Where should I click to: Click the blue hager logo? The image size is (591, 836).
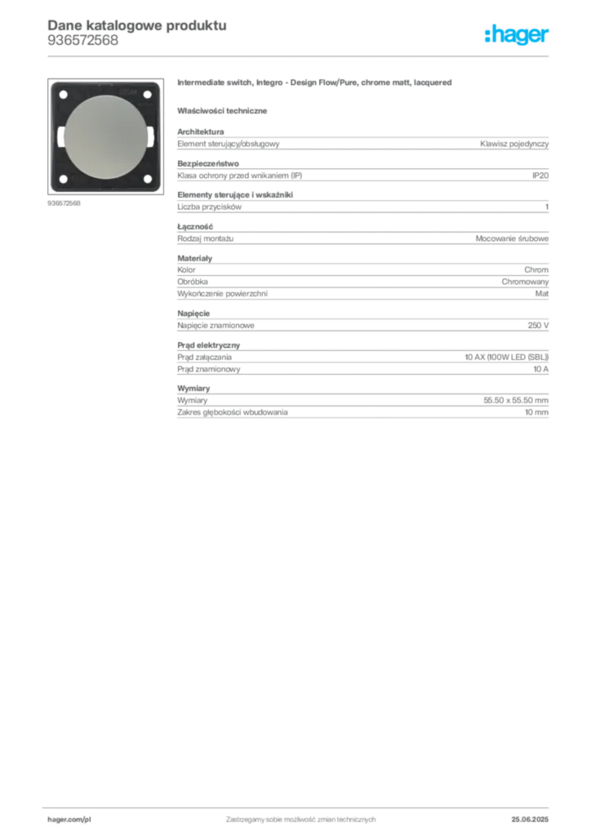point(518,35)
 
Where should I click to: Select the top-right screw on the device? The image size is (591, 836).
point(147,95)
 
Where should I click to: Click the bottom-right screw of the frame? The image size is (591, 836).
point(147,180)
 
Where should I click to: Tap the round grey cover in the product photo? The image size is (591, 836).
point(104,136)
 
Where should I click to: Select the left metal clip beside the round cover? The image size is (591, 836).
point(60,137)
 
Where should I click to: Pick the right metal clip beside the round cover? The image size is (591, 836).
point(149,137)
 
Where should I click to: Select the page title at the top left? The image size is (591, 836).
point(136,24)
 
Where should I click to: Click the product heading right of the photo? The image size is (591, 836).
point(315,85)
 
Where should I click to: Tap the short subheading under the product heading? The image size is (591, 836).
point(224,110)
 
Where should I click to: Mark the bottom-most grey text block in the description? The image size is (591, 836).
point(362,407)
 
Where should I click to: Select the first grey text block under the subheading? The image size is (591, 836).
point(362,142)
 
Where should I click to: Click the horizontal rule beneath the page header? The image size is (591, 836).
point(300,56)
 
